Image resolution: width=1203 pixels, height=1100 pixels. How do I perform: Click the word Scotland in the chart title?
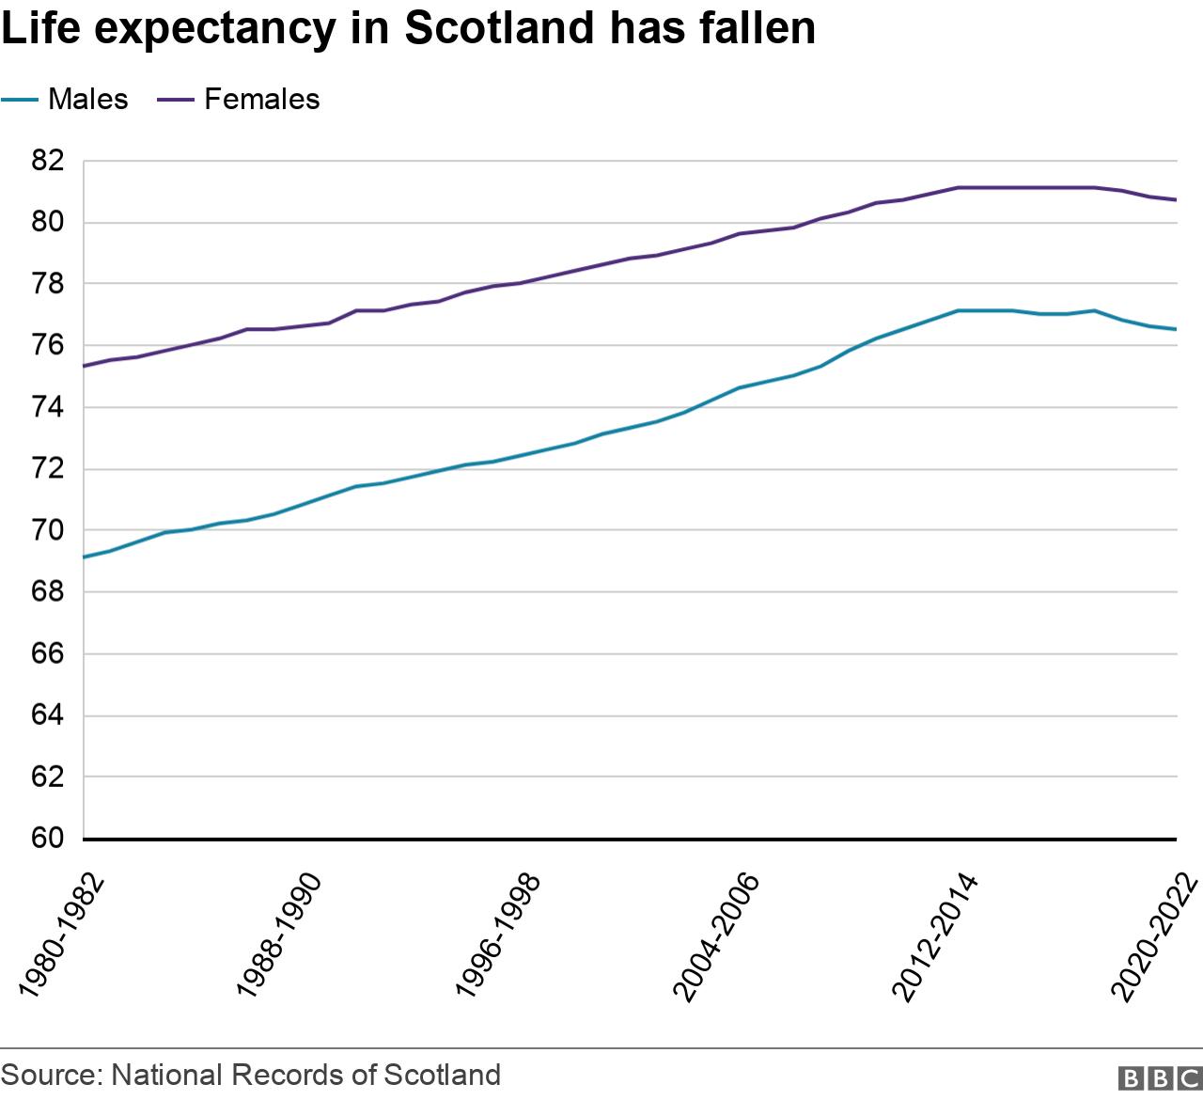tap(500, 28)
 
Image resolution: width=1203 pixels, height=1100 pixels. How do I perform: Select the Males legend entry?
tap(87, 99)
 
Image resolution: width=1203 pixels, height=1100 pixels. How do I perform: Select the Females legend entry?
tap(261, 99)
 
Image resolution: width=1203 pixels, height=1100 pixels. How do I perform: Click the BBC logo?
tap(1159, 1077)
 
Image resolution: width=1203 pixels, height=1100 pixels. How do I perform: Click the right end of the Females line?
tap(1176, 199)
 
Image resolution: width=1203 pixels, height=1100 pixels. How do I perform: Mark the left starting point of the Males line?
tap(85, 558)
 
